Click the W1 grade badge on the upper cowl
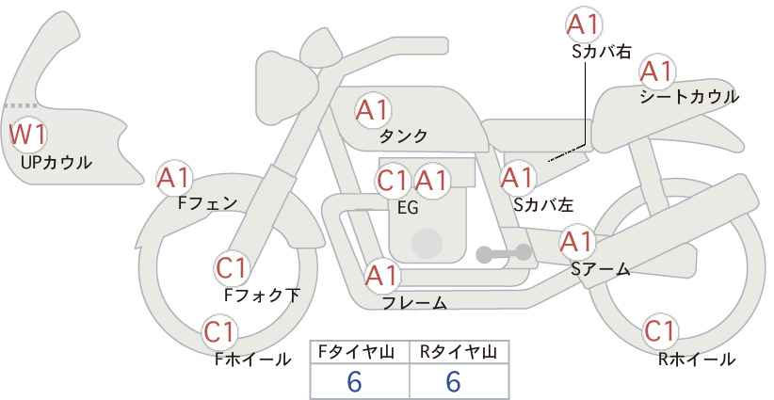coord(27,136)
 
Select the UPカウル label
coord(56,163)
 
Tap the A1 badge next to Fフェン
coord(174,177)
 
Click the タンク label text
coord(403,136)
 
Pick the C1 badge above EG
coord(393,180)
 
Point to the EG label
coord(409,207)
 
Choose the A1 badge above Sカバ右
coord(584,25)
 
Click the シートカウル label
coord(688,97)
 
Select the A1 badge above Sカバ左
coord(517,176)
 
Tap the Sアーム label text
coord(600,269)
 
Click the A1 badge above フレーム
coord(382,277)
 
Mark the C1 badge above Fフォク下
coord(232,268)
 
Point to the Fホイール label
coord(252,359)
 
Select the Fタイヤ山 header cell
coord(360,352)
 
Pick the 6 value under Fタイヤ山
coord(355,381)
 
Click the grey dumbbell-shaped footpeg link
coord(504,252)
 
